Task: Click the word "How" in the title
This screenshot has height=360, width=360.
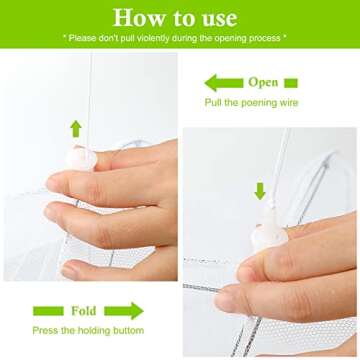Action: [134, 17]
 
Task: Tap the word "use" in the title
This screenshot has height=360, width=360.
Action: [220, 20]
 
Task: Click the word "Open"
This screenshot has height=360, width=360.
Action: [263, 83]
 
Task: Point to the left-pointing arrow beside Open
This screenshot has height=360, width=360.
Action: [224, 83]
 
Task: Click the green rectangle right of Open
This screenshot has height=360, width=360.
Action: [291, 83]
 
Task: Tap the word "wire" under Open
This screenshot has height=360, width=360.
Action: [288, 102]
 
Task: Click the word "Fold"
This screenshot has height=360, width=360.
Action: [84, 311]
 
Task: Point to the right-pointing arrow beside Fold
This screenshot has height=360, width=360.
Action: [124, 311]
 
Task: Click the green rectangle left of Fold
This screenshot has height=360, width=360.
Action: [48, 311]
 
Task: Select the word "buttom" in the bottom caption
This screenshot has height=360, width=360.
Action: [129, 331]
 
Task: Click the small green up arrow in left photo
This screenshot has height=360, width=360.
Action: [76, 129]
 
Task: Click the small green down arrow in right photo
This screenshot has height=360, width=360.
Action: [260, 191]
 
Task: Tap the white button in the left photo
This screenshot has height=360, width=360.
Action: [81, 158]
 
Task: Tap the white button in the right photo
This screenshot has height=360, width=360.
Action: [269, 236]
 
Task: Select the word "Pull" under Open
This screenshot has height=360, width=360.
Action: [212, 102]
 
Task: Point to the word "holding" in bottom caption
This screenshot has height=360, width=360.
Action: [95, 331]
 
